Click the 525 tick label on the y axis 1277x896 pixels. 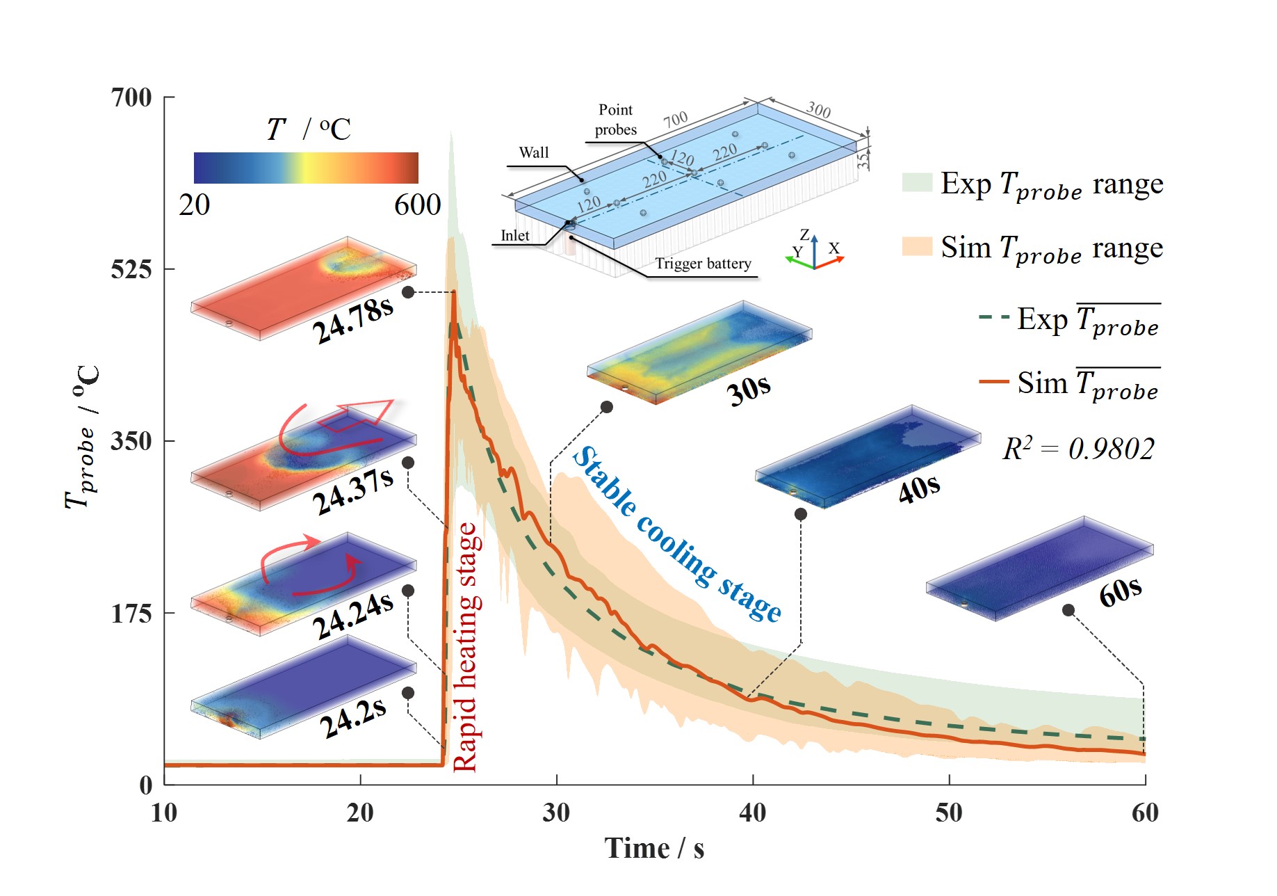tap(131, 269)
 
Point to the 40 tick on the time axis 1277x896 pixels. tap(752, 813)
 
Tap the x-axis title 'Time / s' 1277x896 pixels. tap(653, 849)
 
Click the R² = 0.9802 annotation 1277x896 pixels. tap(1078, 449)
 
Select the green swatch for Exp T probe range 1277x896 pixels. tap(917, 182)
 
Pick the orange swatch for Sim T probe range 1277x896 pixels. tap(917, 246)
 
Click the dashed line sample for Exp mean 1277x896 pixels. tap(993, 318)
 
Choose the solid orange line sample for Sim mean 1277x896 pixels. tap(993, 382)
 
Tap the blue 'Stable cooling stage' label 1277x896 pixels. tap(677, 534)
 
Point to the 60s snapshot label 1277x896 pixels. tap(1120, 592)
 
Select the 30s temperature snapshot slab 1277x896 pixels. tap(699, 351)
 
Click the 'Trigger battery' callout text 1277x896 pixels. tap(703, 264)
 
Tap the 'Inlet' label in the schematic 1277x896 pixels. tap(514, 236)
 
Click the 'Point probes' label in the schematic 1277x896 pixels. tap(615, 120)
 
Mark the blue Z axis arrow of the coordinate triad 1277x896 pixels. tap(815, 246)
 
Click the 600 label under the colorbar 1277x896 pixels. tap(417, 205)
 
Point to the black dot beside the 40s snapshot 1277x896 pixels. tap(801, 514)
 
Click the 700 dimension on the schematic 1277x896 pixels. tap(675, 119)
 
